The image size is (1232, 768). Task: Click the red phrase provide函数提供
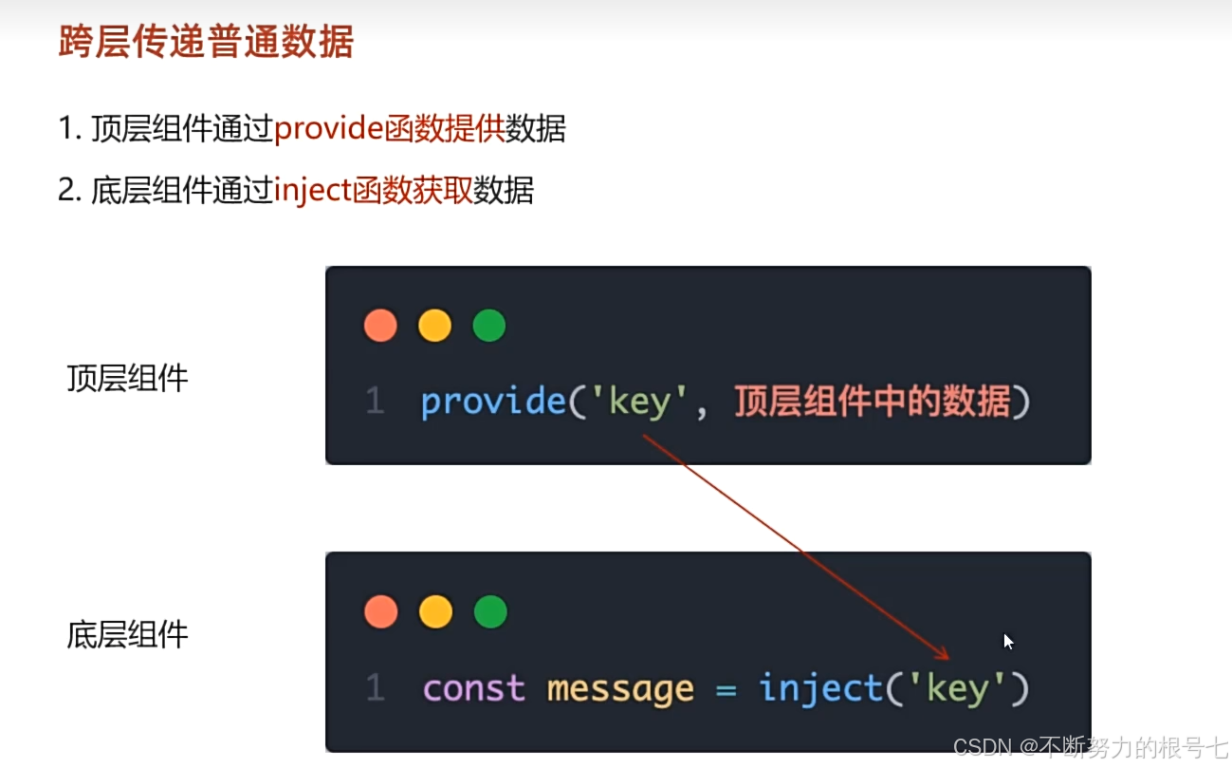[x=389, y=128]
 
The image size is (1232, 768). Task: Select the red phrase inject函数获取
[x=373, y=191]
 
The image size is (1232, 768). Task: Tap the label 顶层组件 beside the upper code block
[x=128, y=379]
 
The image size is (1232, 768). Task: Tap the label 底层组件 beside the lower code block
[x=128, y=634]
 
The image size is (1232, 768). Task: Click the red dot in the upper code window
[x=381, y=326]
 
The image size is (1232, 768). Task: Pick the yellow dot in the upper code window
[x=435, y=326]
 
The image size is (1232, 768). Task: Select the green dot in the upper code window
[x=489, y=326]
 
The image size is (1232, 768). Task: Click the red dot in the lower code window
[x=381, y=612]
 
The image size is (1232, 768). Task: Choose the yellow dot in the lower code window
[x=435, y=612]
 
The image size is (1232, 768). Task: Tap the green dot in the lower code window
[x=490, y=612]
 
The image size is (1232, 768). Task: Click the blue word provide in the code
[x=493, y=403]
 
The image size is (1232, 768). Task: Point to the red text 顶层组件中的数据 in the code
[x=872, y=403]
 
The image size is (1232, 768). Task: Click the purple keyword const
[x=474, y=688]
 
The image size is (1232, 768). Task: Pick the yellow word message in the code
[x=620, y=688]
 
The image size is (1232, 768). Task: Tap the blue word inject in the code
[x=821, y=688]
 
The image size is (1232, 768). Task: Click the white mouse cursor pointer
[x=1008, y=642]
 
